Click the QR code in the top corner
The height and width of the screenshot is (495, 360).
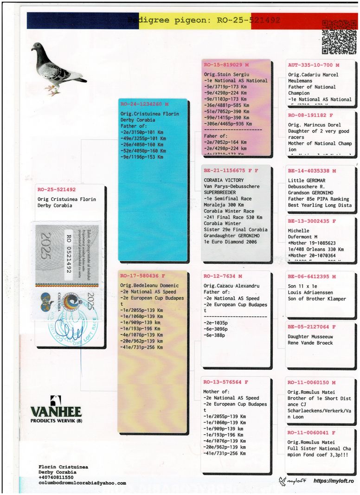339,37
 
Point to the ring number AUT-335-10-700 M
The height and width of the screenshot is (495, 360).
314,65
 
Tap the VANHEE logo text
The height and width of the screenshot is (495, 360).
56,411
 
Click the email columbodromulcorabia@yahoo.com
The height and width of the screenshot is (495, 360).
82,483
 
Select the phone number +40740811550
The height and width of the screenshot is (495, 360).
56,477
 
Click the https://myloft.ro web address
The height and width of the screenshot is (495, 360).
334,481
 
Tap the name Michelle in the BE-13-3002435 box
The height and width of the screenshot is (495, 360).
299,231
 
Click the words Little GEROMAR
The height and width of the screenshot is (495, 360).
307,180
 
